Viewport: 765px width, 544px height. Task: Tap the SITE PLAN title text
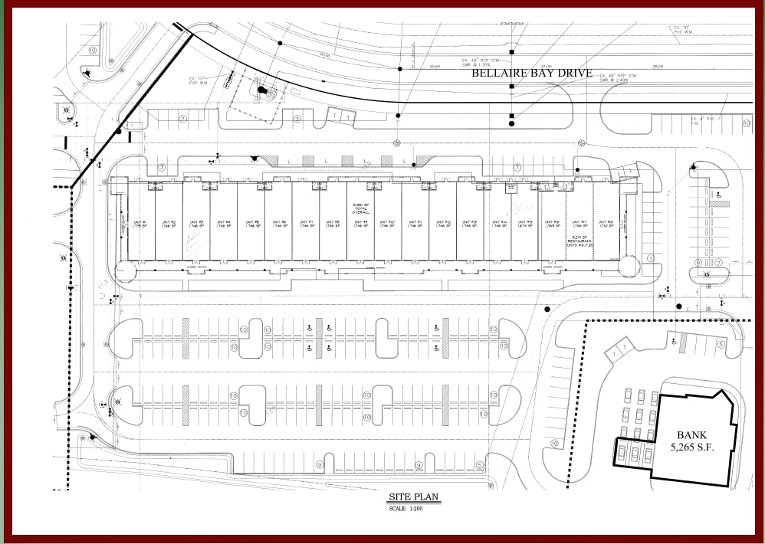click(414, 497)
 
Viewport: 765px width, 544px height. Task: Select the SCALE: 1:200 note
click(414, 508)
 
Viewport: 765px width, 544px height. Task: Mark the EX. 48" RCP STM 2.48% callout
click(619, 77)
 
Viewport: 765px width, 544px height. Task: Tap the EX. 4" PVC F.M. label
click(705, 120)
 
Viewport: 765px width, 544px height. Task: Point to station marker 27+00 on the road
click(547, 67)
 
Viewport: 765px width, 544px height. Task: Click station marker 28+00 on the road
click(657, 67)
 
